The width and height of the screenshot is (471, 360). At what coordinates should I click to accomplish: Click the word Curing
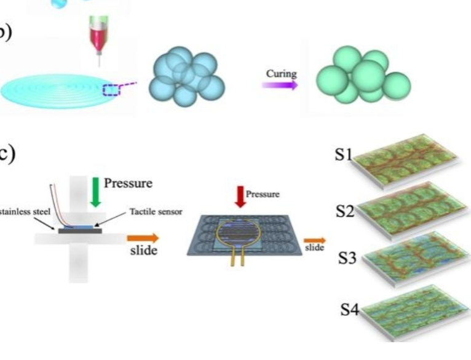(281, 74)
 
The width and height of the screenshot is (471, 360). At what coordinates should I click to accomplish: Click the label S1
(342, 154)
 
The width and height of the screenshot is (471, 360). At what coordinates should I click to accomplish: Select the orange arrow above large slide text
(142, 238)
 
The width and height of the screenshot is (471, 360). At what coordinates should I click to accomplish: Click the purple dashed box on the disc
(115, 90)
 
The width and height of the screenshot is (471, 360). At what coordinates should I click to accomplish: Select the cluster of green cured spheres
(362, 76)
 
